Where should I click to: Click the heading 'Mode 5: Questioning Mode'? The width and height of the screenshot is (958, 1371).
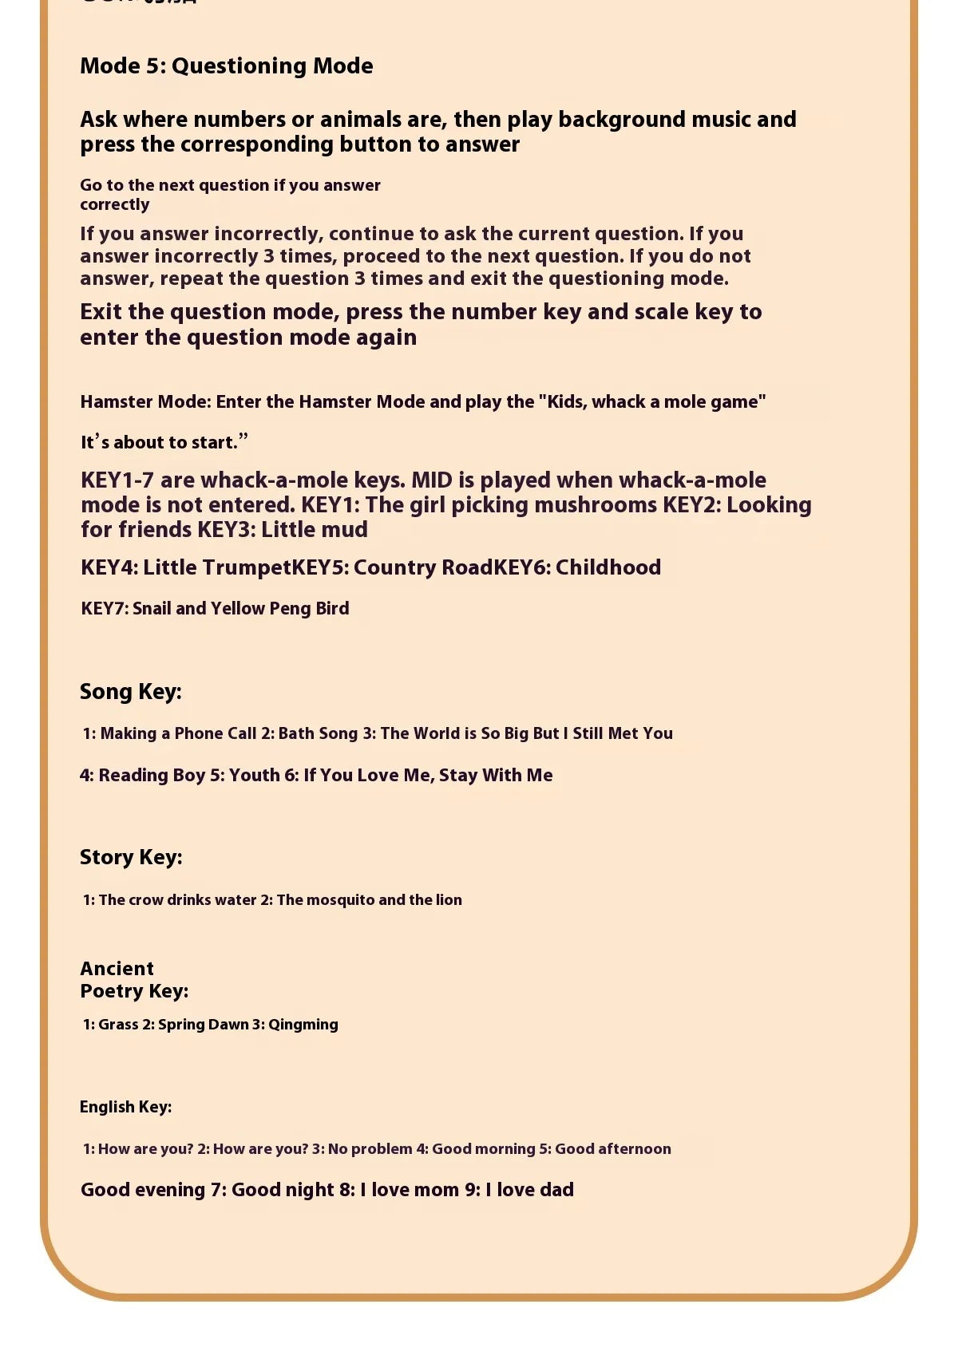(x=226, y=65)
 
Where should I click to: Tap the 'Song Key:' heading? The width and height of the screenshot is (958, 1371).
(x=130, y=691)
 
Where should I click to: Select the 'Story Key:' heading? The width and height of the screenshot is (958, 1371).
(x=131, y=857)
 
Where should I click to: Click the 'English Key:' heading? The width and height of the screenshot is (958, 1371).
(x=125, y=1107)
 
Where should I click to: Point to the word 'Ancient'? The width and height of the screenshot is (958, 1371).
(x=117, y=969)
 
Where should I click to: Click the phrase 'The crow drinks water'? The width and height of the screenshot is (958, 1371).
(x=177, y=899)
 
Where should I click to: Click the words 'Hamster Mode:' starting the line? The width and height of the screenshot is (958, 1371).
(x=145, y=401)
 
